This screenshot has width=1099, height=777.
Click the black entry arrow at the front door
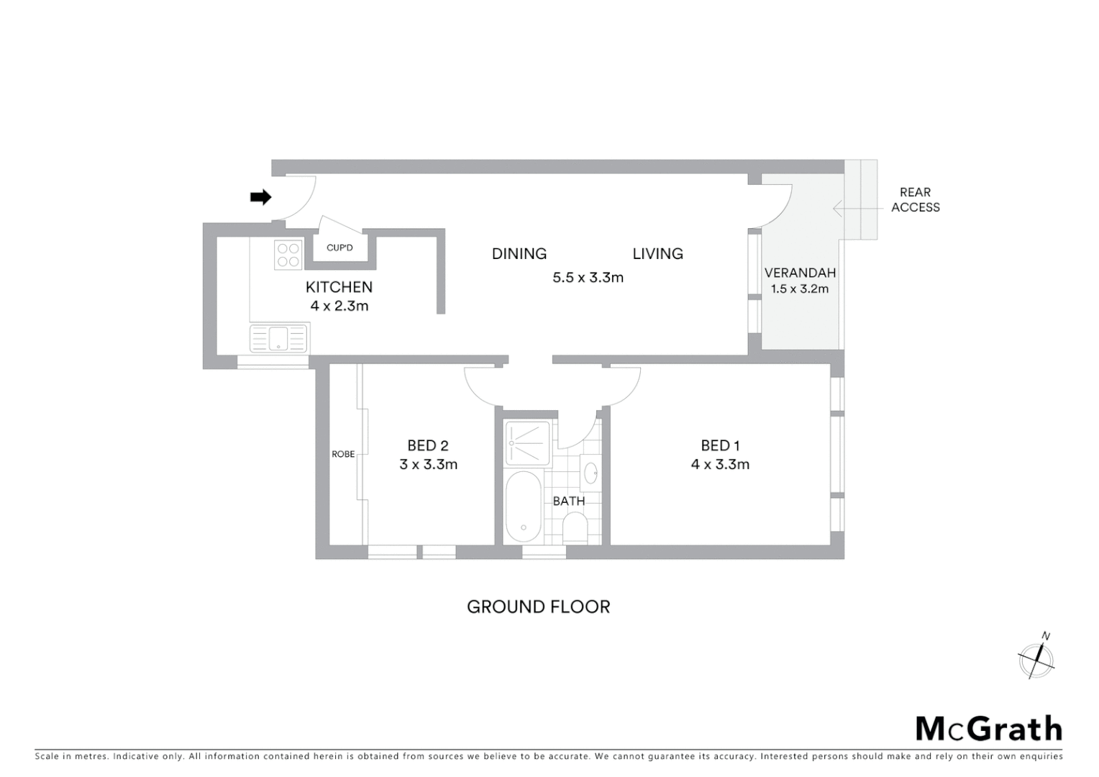(260, 197)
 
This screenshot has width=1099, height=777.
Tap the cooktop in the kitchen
(288, 255)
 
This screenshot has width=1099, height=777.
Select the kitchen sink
(278, 338)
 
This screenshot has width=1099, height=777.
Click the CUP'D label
(339, 247)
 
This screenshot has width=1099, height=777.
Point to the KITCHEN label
(339, 287)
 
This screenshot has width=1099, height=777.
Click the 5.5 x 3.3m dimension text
(588, 278)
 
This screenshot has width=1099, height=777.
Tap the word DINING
(519, 254)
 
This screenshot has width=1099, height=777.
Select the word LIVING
(657, 254)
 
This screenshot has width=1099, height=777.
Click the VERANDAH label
(800, 273)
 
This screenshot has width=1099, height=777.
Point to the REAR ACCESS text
(915, 200)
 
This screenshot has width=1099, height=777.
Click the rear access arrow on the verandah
(849, 209)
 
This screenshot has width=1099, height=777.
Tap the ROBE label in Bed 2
(343, 454)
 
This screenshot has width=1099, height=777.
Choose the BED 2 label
(428, 446)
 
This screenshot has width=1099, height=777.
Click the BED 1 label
(720, 446)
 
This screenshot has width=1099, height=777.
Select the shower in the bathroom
(528, 442)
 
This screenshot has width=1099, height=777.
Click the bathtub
(524, 506)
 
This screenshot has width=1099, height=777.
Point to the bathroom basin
(590, 473)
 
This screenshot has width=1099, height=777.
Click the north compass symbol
(1036, 658)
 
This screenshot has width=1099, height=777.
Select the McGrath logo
(989, 729)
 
